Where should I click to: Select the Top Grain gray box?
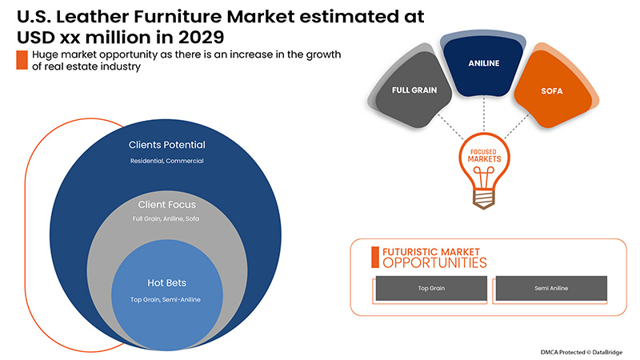tap(430, 287)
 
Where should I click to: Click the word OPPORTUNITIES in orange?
tap(434, 262)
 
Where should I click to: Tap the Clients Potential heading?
tap(167, 145)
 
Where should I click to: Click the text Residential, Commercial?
tap(167, 161)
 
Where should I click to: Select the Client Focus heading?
tap(166, 204)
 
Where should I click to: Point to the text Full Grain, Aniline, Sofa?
tap(166, 218)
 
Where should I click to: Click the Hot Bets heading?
tap(166, 283)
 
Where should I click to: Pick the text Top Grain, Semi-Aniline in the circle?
tap(166, 299)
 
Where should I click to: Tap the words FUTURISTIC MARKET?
tap(433, 250)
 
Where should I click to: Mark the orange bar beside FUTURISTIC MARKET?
tap(374, 256)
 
